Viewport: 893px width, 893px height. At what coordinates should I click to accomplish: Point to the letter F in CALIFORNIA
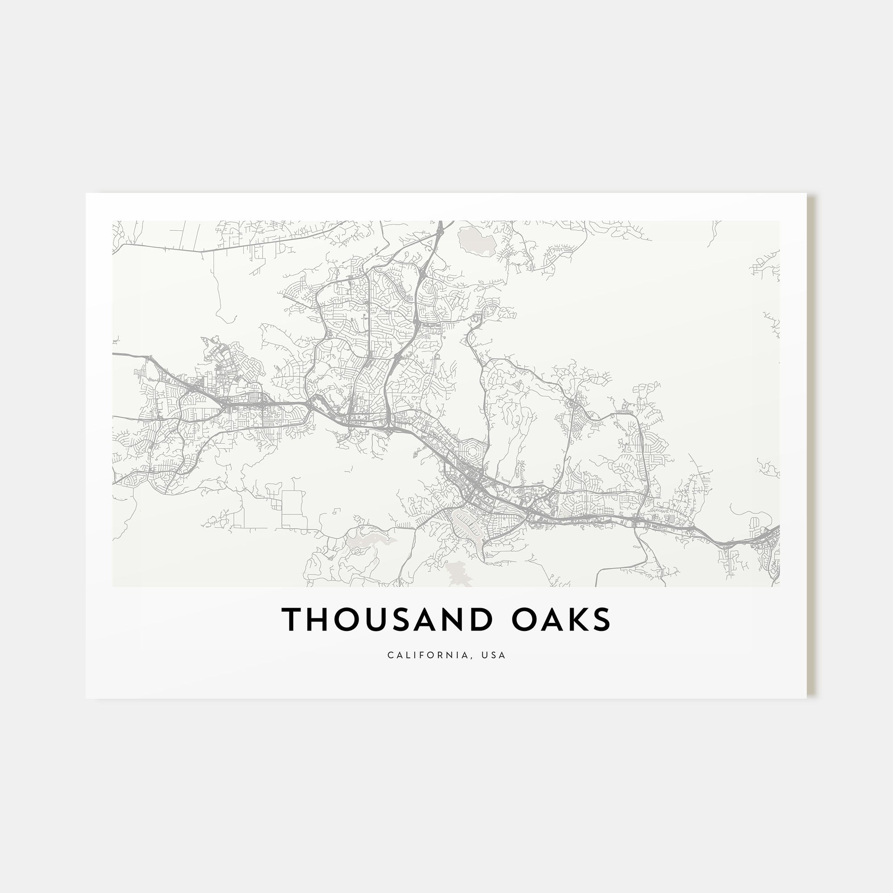point(426,655)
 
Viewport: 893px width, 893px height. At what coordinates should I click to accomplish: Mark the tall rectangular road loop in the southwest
point(293,509)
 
